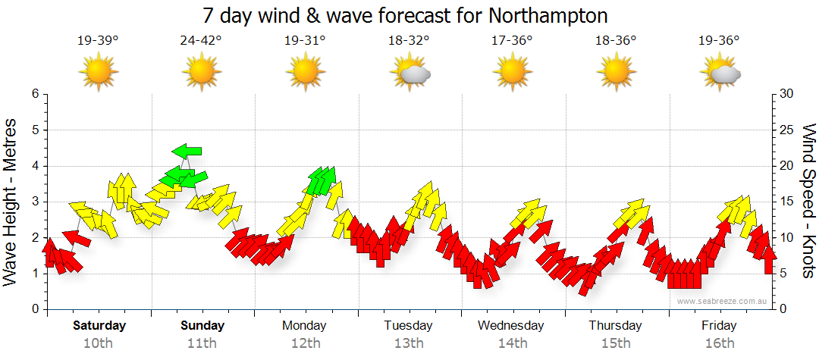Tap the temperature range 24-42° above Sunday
(x=202, y=41)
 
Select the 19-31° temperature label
(x=305, y=41)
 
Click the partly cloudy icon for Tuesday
(x=410, y=72)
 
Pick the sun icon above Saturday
(x=99, y=72)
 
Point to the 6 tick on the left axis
(x=34, y=94)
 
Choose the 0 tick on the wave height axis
(x=34, y=309)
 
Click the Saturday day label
(x=99, y=326)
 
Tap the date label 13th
(x=409, y=343)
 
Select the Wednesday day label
(x=511, y=326)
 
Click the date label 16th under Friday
(x=719, y=343)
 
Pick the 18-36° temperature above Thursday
(x=616, y=41)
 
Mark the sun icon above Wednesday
(x=512, y=72)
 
